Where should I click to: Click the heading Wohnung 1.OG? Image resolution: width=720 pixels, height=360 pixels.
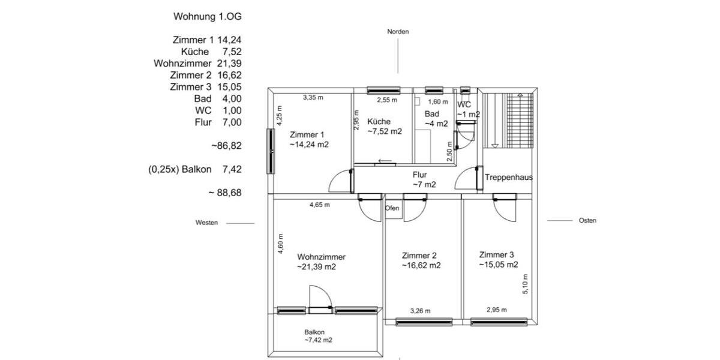[208, 16]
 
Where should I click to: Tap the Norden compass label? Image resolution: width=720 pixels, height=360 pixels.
[398, 32]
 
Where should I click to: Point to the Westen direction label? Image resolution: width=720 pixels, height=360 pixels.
[206, 223]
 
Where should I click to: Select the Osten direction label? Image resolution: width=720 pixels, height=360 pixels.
[587, 221]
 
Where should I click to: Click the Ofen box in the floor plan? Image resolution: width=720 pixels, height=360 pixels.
[392, 208]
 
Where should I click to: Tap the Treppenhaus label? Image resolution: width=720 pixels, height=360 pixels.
[508, 178]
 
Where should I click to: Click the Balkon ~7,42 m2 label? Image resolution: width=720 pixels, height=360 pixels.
[317, 336]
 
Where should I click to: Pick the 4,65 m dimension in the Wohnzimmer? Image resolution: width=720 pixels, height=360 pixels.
[319, 205]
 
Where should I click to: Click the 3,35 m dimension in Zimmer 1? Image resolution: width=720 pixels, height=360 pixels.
[313, 97]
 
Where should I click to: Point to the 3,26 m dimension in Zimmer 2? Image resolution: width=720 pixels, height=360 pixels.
[420, 311]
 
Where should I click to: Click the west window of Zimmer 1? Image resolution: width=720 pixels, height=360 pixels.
[271, 152]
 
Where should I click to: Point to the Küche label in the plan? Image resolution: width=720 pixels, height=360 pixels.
[379, 122]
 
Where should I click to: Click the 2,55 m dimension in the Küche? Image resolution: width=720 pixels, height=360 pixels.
[386, 101]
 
